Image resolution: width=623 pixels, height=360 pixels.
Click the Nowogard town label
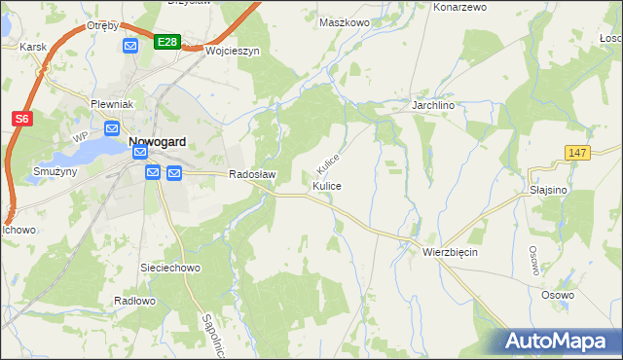tap(158, 140)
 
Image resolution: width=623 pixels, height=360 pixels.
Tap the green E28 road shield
tap(166, 41)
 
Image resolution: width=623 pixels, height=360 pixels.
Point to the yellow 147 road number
tap(577, 152)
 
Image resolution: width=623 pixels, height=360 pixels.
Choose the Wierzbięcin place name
tap(451, 251)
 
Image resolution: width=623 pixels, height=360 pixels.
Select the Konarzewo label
tap(458, 7)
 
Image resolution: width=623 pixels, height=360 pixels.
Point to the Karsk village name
tap(33, 47)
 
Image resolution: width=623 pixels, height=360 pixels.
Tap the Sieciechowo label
tap(170, 266)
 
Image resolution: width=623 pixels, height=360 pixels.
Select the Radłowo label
tap(134, 301)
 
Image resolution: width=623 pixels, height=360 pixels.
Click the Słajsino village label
tap(549, 191)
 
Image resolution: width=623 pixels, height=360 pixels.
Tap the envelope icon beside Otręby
tap(130, 46)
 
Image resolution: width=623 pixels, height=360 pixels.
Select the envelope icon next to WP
tap(111, 128)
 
